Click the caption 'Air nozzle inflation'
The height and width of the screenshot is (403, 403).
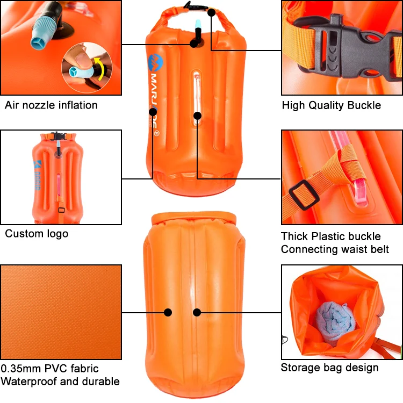click(51, 105)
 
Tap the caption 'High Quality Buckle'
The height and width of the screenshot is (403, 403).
click(331, 105)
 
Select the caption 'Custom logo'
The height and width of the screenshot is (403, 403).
click(37, 234)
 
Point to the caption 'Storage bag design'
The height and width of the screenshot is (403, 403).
click(329, 368)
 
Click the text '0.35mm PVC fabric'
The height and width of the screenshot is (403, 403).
click(49, 369)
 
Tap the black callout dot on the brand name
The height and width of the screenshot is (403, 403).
click(153, 112)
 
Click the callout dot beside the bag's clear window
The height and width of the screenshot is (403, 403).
click(198, 114)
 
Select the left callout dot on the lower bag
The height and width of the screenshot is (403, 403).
click(168, 312)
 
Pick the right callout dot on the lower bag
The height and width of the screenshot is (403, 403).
click(197, 312)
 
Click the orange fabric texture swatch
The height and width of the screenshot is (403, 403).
click(61, 312)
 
